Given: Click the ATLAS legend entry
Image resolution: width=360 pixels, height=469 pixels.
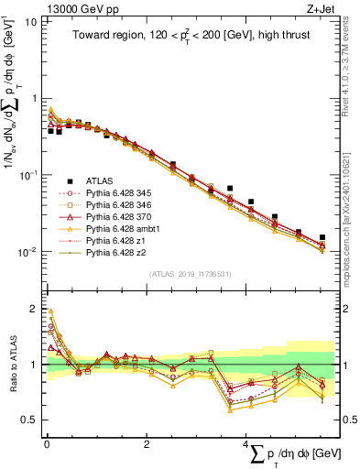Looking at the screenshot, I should point(101,180).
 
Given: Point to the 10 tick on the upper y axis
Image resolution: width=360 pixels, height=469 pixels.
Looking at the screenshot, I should point(30,21).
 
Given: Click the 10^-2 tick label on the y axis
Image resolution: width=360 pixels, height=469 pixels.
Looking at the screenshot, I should point(27,252).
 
